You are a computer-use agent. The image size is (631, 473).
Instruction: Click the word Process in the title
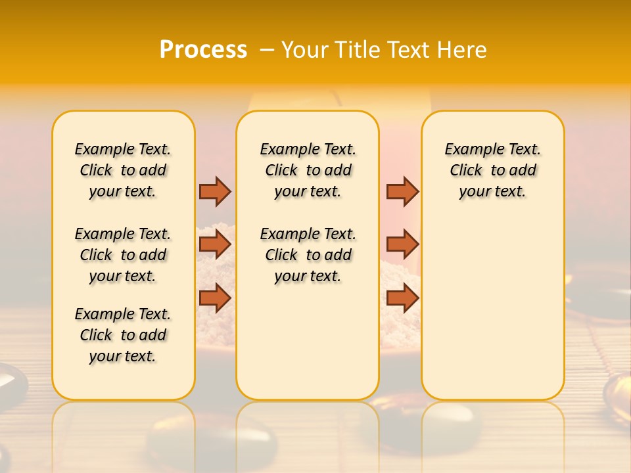click(203, 49)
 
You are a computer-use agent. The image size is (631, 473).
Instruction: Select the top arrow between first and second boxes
click(215, 191)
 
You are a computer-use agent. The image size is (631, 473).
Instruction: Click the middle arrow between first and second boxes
click(215, 244)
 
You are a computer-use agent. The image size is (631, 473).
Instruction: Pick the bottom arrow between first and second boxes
click(215, 298)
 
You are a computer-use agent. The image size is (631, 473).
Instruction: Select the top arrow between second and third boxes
click(402, 191)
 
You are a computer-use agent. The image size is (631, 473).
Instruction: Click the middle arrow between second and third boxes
click(402, 244)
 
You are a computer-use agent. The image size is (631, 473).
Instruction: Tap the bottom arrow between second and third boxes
click(402, 298)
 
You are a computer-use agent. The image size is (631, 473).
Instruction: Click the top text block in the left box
click(123, 170)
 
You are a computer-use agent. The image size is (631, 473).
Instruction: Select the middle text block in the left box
click(123, 255)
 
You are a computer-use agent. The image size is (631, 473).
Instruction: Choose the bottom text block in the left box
click(123, 335)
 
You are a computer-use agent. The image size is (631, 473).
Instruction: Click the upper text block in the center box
click(308, 170)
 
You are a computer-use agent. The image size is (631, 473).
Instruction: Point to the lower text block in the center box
click(308, 255)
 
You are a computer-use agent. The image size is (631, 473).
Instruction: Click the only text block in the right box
click(492, 170)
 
